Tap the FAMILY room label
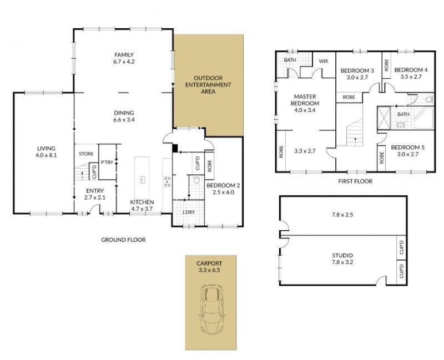tap(124, 55)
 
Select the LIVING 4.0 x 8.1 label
tap(46, 151)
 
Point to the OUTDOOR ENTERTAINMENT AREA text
tap(208, 85)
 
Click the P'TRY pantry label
tap(107, 163)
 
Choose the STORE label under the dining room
tap(86, 154)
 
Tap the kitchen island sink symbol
tap(143, 179)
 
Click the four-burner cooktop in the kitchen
tap(167, 181)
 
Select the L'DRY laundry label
tap(189, 212)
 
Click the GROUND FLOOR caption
tap(123, 240)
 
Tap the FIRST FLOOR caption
tap(355, 181)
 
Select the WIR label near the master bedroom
tap(324, 61)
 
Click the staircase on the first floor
tap(354, 133)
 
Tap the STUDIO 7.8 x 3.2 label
tap(342, 258)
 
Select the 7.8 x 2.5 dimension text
tap(342, 215)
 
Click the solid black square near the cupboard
tap(175, 148)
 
